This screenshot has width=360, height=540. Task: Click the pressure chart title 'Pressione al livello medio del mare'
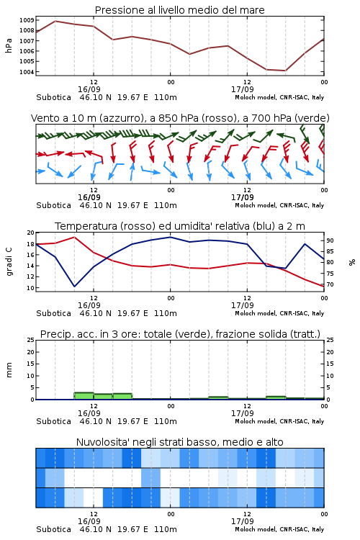[179, 10]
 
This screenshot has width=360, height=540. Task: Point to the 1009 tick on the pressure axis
[27, 20]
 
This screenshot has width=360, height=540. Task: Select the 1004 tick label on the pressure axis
[27, 72]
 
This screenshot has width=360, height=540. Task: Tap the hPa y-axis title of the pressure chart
[9, 45]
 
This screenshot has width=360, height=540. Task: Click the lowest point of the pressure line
[285, 71]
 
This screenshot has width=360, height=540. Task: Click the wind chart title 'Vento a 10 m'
[87, 118]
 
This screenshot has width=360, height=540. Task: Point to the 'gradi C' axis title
[9, 261]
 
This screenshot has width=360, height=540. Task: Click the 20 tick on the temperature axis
[30, 233]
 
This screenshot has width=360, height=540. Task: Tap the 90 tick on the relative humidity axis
[330, 240]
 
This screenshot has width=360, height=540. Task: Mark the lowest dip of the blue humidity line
[74, 286]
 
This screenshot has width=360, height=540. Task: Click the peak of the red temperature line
[74, 237]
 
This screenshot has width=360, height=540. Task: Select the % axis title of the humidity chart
[352, 262]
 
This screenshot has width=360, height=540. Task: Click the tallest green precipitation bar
[84, 396]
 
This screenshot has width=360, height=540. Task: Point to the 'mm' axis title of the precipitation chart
[9, 369]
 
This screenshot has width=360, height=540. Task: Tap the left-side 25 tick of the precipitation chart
[30, 340]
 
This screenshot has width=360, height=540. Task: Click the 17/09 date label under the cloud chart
[243, 521]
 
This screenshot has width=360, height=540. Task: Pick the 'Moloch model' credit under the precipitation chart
[256, 421]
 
